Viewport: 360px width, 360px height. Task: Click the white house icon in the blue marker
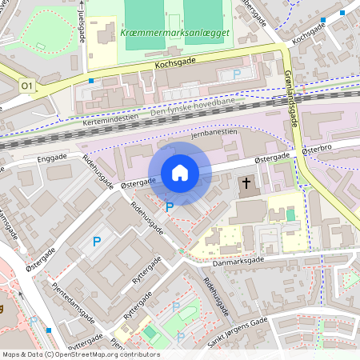(180, 173)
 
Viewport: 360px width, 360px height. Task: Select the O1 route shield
(28, 86)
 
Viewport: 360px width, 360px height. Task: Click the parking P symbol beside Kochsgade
(236, 74)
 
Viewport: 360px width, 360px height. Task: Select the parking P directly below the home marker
(169, 207)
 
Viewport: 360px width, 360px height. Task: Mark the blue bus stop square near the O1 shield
(91, 81)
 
